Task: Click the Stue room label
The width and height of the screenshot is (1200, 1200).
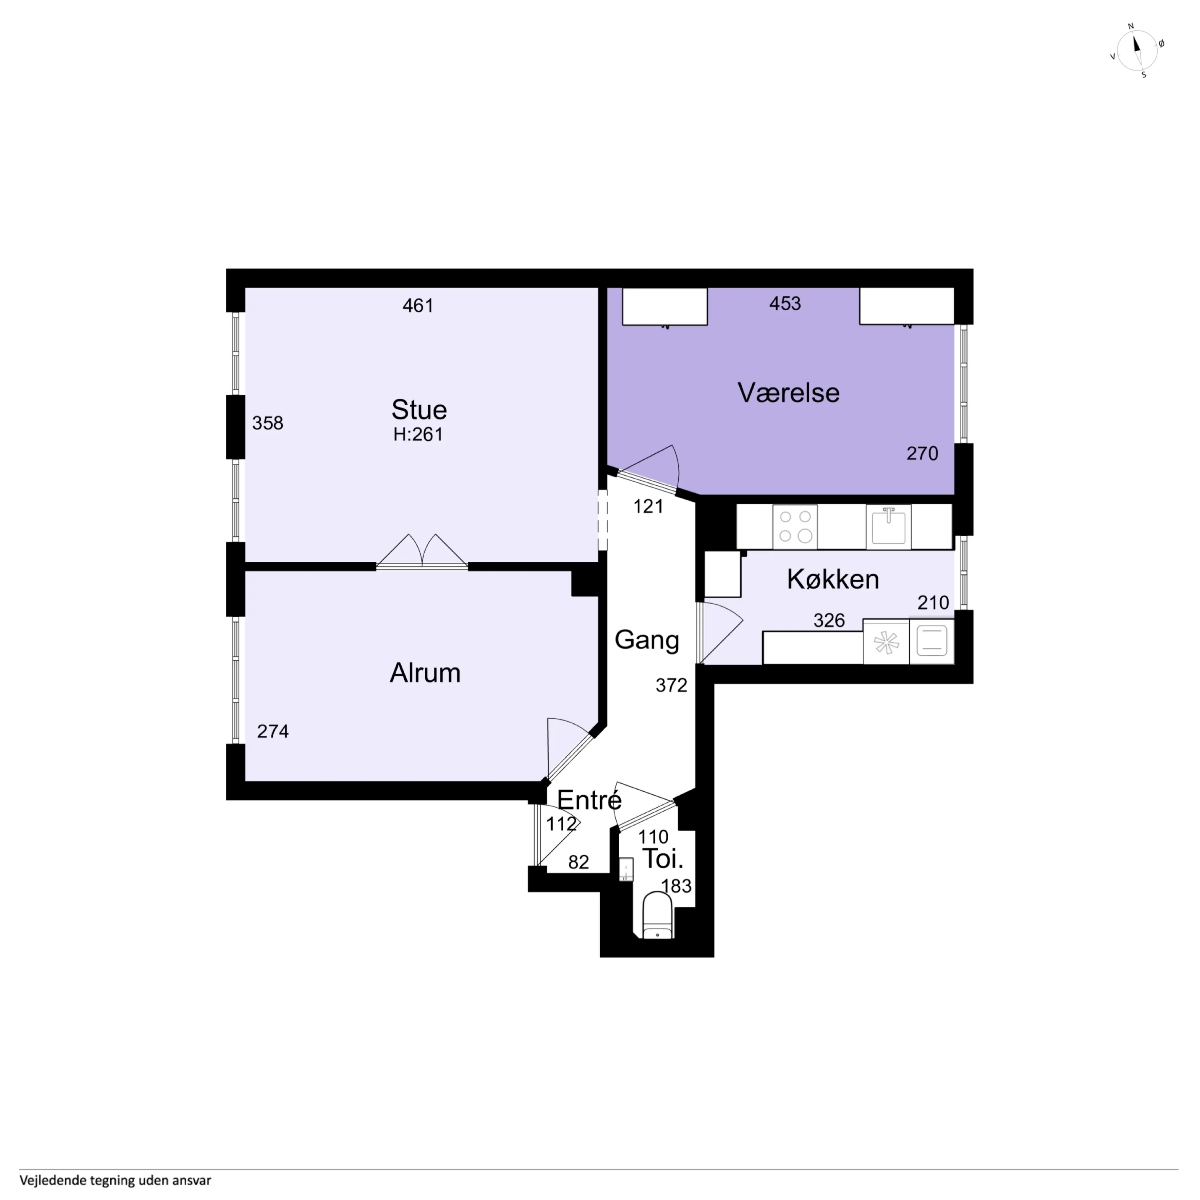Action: (x=419, y=410)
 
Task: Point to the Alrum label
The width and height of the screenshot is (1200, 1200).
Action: (x=425, y=673)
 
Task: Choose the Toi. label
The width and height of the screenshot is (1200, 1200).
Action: (x=663, y=859)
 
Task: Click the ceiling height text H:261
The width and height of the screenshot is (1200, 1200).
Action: (x=418, y=434)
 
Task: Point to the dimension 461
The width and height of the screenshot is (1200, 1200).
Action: (x=418, y=306)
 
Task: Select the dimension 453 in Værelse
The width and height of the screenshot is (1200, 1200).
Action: (x=785, y=303)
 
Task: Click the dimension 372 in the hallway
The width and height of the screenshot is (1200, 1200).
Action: (x=672, y=685)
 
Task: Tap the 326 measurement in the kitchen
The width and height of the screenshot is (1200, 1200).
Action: (x=829, y=620)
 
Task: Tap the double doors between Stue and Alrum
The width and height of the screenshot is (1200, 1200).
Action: (x=422, y=551)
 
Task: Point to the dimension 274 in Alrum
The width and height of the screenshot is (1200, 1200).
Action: (x=273, y=731)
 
